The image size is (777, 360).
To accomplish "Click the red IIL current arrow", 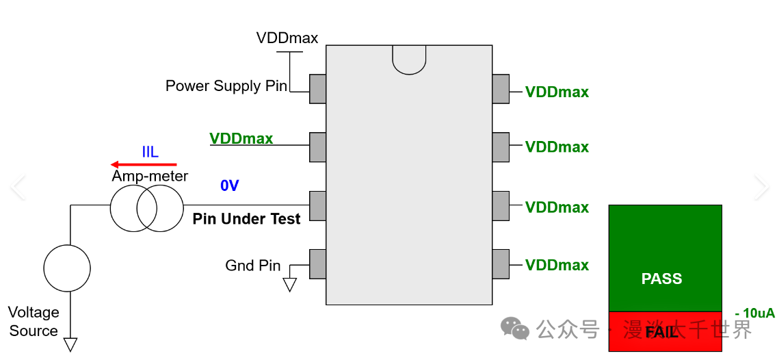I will (144, 164).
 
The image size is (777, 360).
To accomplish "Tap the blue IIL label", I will (150, 152).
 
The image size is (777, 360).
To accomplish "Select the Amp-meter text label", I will (150, 177).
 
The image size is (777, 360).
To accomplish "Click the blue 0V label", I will (229, 185).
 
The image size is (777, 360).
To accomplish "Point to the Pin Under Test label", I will (246, 219).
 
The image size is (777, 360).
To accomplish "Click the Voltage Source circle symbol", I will (67, 268).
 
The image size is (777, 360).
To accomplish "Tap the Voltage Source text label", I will (33, 322).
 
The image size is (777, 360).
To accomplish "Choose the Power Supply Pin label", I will (226, 86).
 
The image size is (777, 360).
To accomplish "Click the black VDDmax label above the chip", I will (287, 38).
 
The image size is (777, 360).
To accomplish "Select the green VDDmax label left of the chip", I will (241, 139).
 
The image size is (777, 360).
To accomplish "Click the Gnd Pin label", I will (253, 266).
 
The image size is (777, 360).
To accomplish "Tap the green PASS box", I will (665, 258).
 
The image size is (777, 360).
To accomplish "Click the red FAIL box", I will (665, 332).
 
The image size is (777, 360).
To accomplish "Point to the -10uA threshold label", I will (754, 313).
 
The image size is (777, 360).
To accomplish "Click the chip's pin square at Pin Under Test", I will (317, 206).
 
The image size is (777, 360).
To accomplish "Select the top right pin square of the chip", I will (501, 89).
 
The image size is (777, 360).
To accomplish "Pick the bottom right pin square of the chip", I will (501, 264).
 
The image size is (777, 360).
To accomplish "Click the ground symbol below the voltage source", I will (70, 344).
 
